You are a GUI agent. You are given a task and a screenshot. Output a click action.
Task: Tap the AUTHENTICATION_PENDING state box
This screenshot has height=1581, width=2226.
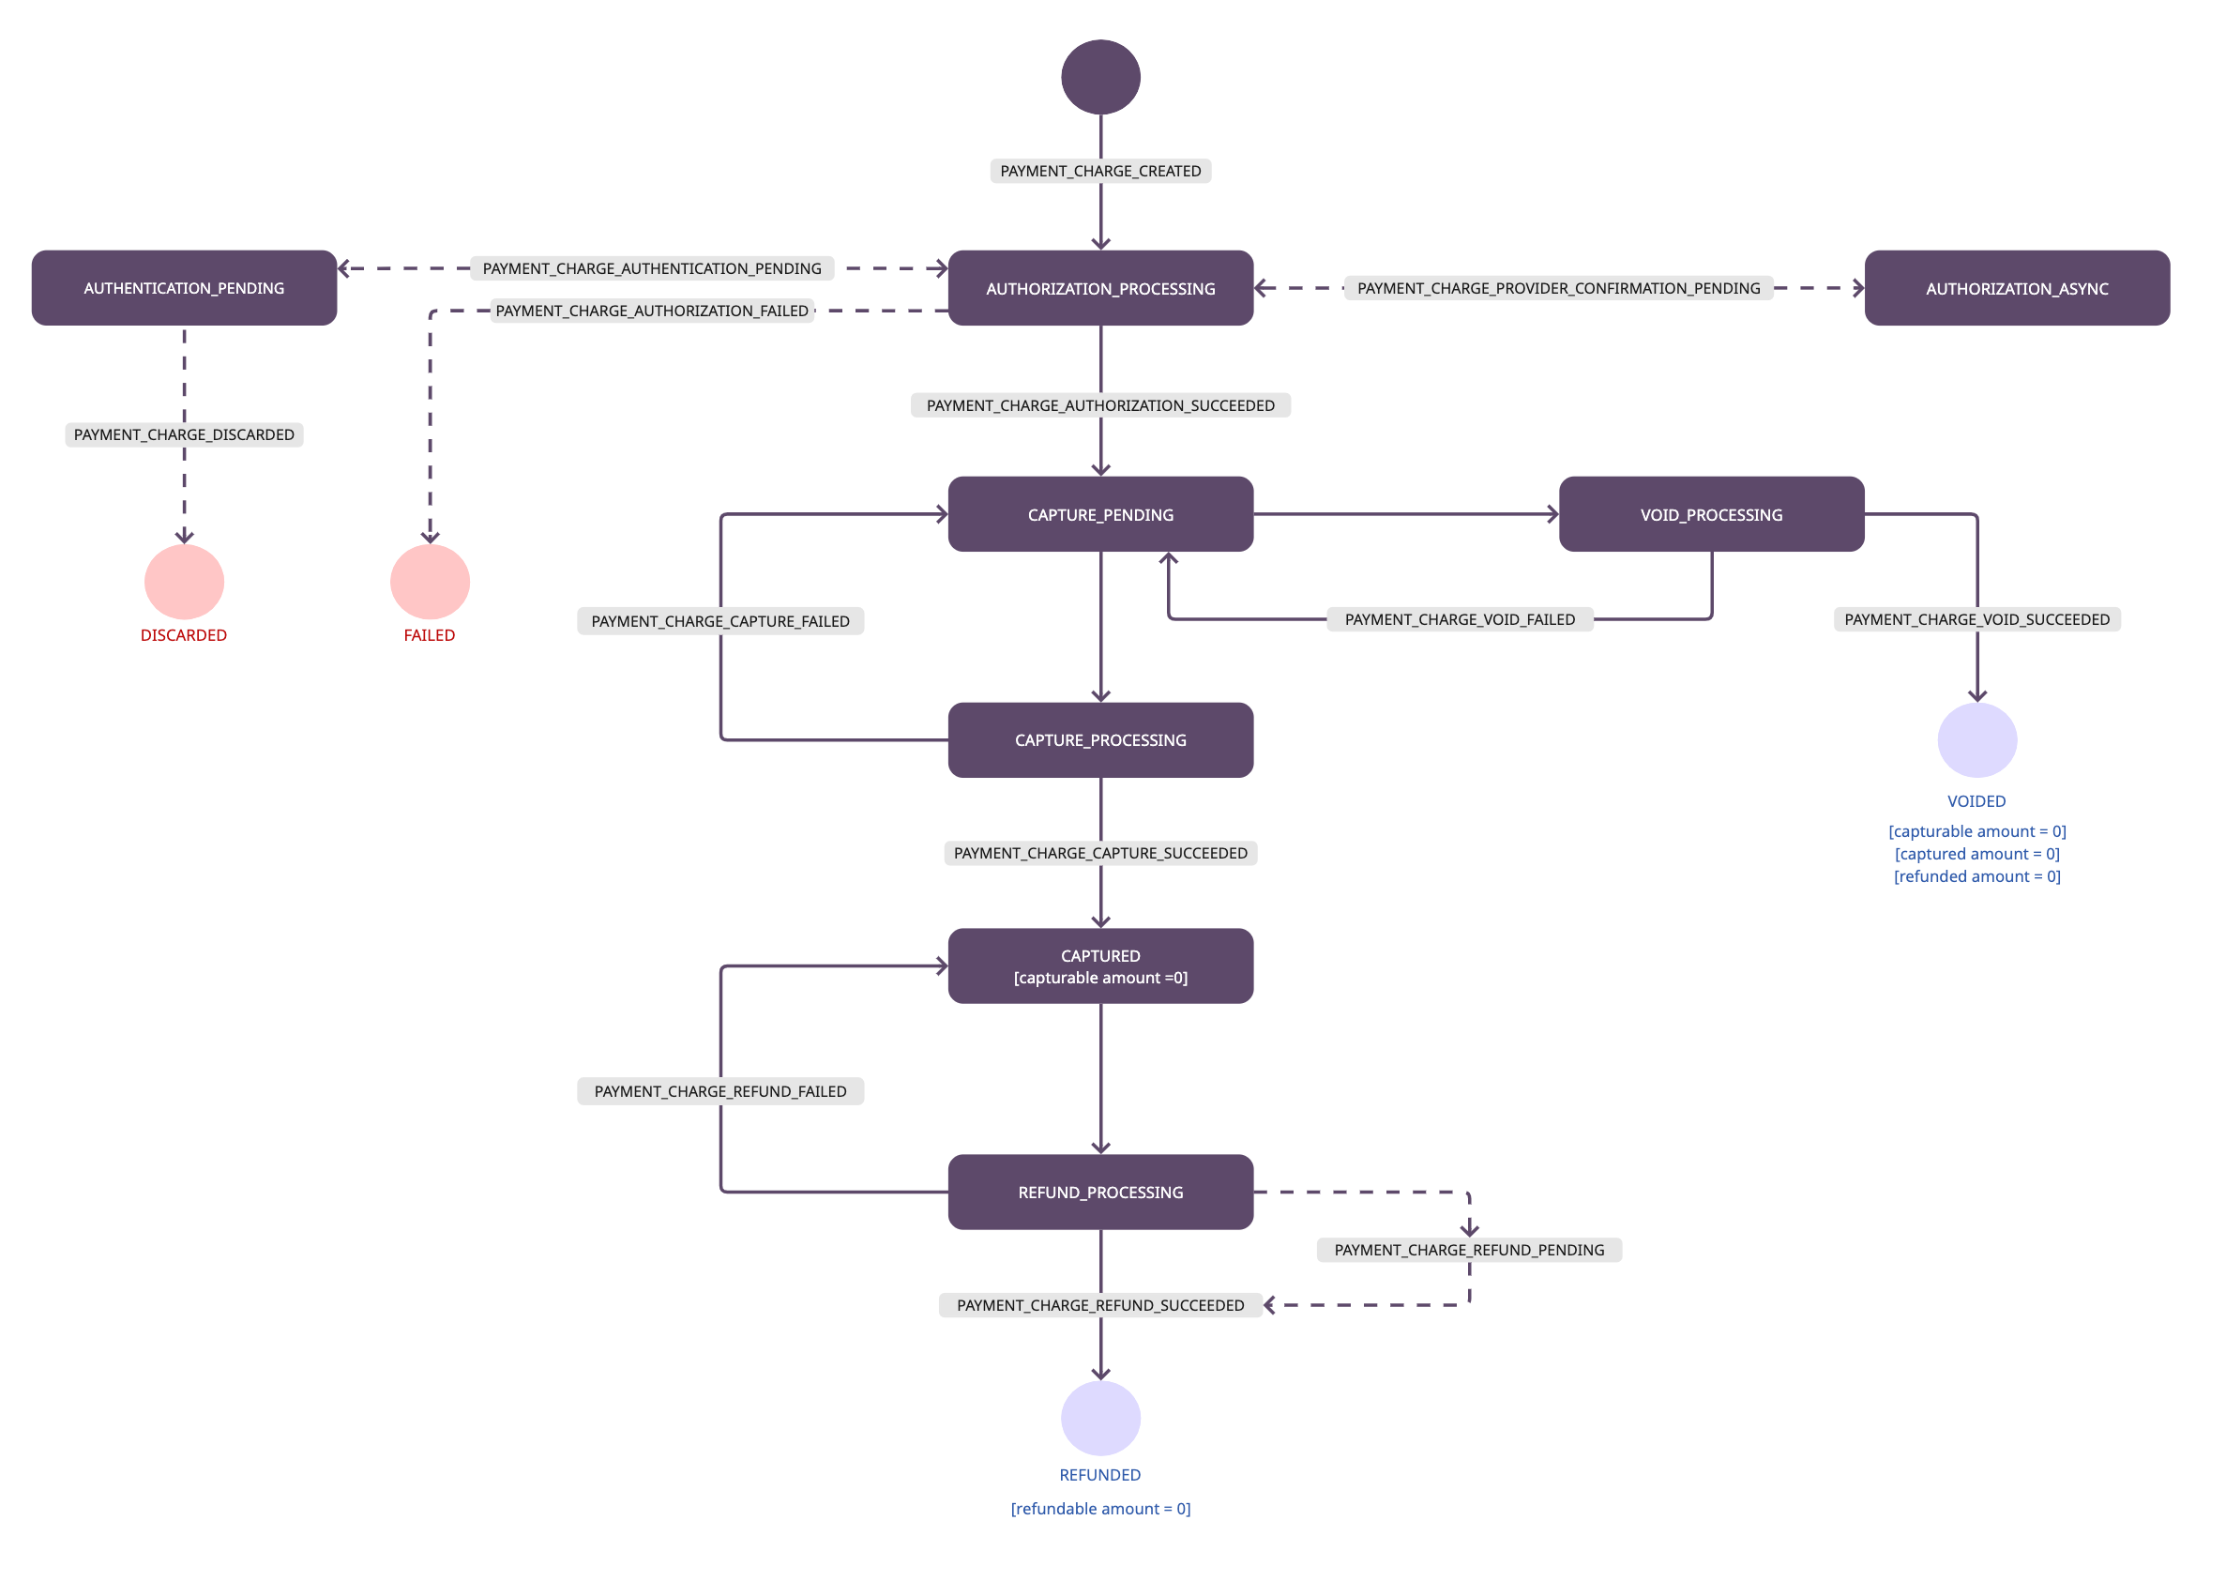(184, 288)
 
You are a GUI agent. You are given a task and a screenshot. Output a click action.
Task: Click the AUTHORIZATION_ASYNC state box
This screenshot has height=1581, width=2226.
(2017, 288)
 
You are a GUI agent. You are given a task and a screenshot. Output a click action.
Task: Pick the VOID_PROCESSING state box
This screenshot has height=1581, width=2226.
(1711, 514)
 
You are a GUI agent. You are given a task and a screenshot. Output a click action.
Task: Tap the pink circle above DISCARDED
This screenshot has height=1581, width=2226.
(184, 581)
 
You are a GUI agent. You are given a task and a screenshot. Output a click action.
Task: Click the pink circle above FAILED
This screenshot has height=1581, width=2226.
(430, 581)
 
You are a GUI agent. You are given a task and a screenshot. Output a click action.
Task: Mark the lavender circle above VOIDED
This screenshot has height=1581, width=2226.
(1976, 740)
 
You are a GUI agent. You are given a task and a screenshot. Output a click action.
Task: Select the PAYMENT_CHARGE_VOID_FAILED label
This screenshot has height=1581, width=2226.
(1459, 619)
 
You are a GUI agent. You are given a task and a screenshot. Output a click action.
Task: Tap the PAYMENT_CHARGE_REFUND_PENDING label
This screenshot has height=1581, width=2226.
(1469, 1249)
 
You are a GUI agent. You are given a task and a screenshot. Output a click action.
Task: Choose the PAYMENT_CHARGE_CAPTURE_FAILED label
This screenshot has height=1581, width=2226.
(720, 621)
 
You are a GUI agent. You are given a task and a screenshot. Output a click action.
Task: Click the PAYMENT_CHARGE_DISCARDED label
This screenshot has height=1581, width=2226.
(184, 434)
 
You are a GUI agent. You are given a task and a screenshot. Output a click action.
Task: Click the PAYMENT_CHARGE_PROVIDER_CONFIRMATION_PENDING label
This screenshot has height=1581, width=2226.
(1558, 288)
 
